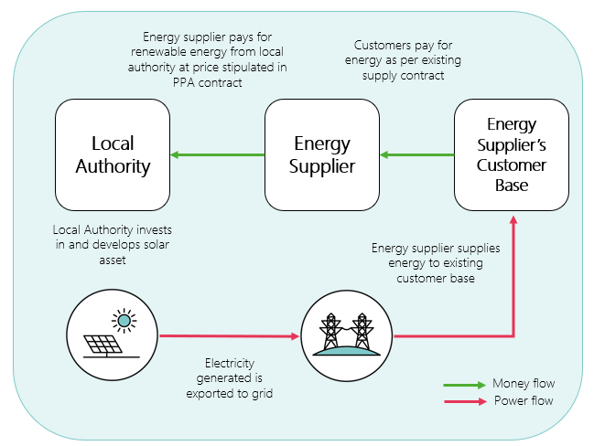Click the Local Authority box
[x=113, y=155]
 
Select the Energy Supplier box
[x=322, y=155]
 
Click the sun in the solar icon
[x=122, y=320]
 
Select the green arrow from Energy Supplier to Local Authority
[x=218, y=155]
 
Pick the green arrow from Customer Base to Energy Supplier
[x=417, y=155]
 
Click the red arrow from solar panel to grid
[x=229, y=335]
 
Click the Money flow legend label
[x=524, y=383]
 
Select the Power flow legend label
[x=523, y=400]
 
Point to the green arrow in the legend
[x=464, y=384]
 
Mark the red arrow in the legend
[x=464, y=401]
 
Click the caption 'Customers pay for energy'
[x=404, y=60]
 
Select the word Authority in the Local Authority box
[x=113, y=166]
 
